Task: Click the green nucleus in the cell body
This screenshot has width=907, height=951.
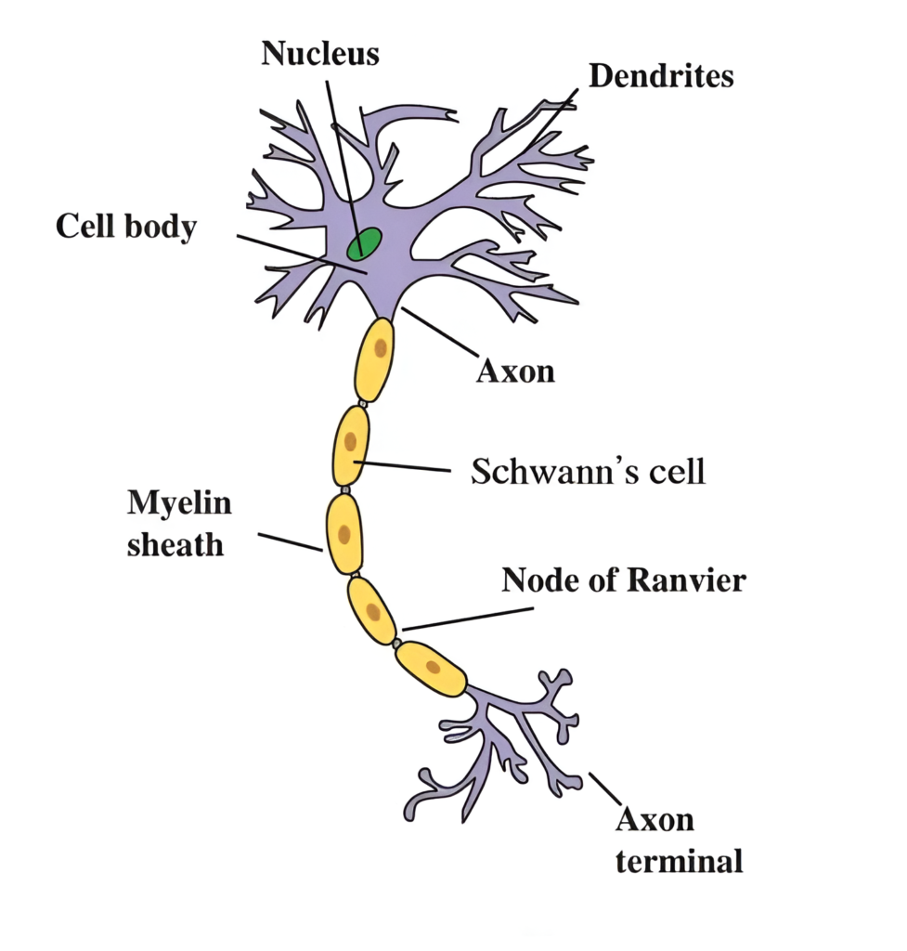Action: click(364, 243)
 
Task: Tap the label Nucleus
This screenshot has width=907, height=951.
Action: click(320, 53)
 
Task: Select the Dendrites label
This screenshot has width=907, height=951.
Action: click(661, 76)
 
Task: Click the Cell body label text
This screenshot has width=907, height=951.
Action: click(126, 226)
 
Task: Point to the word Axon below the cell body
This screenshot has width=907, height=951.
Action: click(515, 371)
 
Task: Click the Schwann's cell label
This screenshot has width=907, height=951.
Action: click(589, 471)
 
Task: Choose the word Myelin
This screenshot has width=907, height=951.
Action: click(179, 503)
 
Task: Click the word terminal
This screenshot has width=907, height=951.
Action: click(680, 861)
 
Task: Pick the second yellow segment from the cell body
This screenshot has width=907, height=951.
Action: click(351, 445)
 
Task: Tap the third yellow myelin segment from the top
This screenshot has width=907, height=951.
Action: click(343, 533)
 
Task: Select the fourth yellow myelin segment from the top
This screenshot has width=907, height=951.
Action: click(371, 610)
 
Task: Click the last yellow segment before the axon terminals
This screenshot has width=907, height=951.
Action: click(431, 668)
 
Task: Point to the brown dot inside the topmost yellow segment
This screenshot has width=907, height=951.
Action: click(380, 349)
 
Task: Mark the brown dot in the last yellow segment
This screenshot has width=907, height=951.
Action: click(433, 666)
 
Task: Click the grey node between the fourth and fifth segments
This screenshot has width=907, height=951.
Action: click(396, 643)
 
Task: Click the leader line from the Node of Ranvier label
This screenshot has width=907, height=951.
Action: click(469, 619)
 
